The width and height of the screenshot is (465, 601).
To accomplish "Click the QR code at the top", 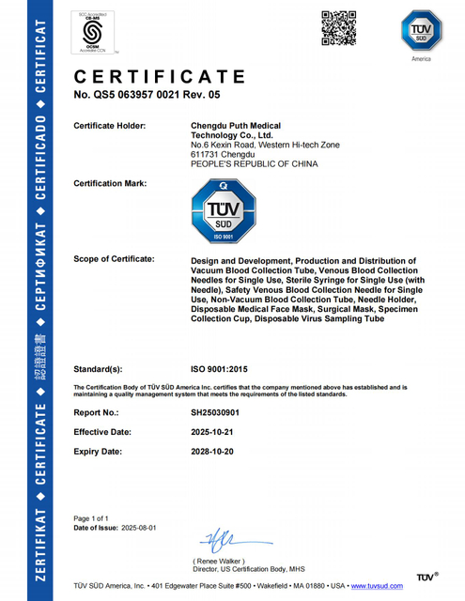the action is pos(340,26).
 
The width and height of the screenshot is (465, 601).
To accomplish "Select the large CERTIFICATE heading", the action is pos(160,76).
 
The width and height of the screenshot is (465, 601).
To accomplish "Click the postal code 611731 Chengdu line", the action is pos(222,154).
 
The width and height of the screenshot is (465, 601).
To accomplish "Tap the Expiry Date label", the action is pos(99,452).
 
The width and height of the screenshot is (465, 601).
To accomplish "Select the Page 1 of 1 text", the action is pos(92,518).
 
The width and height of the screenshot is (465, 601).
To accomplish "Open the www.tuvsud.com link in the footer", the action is pos(378,586).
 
